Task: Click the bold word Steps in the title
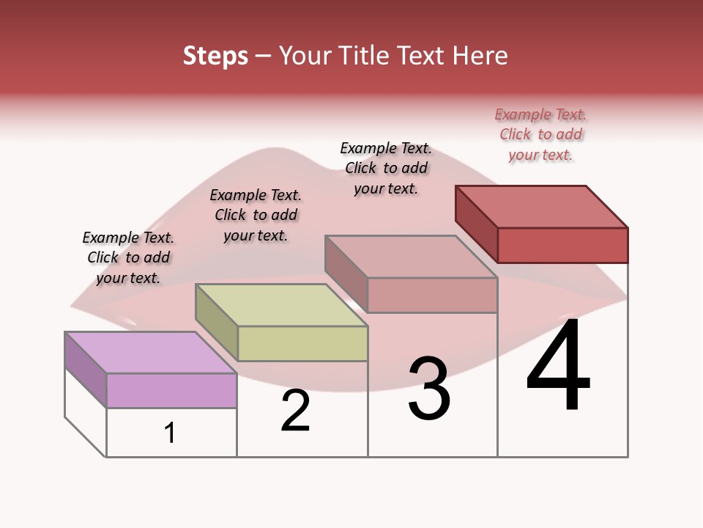(215, 56)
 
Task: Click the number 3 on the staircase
(428, 389)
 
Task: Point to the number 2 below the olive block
(295, 411)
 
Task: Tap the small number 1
(170, 433)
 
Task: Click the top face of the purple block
(150, 352)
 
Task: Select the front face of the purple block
(171, 390)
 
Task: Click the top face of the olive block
(281, 304)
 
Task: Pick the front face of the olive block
(302, 343)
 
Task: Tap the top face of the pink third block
(411, 257)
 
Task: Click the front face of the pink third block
(432, 296)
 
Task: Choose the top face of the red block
(542, 206)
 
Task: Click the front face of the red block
(562, 245)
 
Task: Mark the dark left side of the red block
(476, 223)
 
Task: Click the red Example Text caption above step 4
(540, 135)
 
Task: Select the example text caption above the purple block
(128, 257)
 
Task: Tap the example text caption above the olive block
(256, 215)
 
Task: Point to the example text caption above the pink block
(386, 168)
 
